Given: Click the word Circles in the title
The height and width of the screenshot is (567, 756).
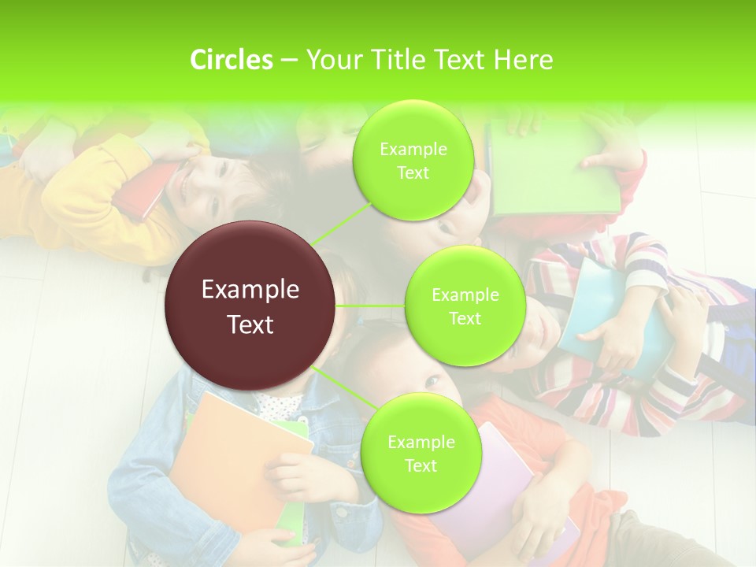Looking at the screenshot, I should click(x=231, y=60).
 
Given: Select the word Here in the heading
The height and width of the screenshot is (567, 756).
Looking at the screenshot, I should click(x=523, y=60).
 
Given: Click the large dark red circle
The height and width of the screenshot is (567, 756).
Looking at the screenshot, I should click(x=250, y=306).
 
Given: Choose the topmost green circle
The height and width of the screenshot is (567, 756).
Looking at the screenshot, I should click(x=413, y=160).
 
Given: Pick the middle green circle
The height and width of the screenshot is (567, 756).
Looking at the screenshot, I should click(x=465, y=306).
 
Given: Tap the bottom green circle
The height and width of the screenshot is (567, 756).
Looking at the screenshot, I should click(x=421, y=453).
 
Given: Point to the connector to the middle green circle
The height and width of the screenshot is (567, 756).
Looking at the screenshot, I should click(x=370, y=306).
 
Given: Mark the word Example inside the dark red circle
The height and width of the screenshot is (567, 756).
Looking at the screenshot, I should click(x=250, y=290).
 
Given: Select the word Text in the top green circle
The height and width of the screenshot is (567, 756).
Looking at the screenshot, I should click(x=413, y=172).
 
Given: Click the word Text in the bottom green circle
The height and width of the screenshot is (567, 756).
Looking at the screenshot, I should click(x=421, y=465).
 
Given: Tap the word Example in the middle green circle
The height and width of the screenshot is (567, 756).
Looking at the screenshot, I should click(x=465, y=295).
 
